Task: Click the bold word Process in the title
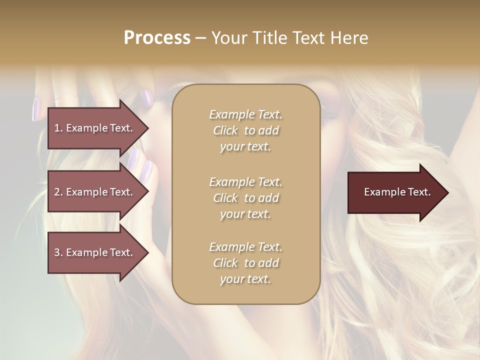point(157,38)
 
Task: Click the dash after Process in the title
point(201,38)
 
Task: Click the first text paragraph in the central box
point(245,130)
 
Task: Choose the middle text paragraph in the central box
point(245,198)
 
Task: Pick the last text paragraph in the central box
point(245,263)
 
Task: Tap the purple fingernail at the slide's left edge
point(36,108)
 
